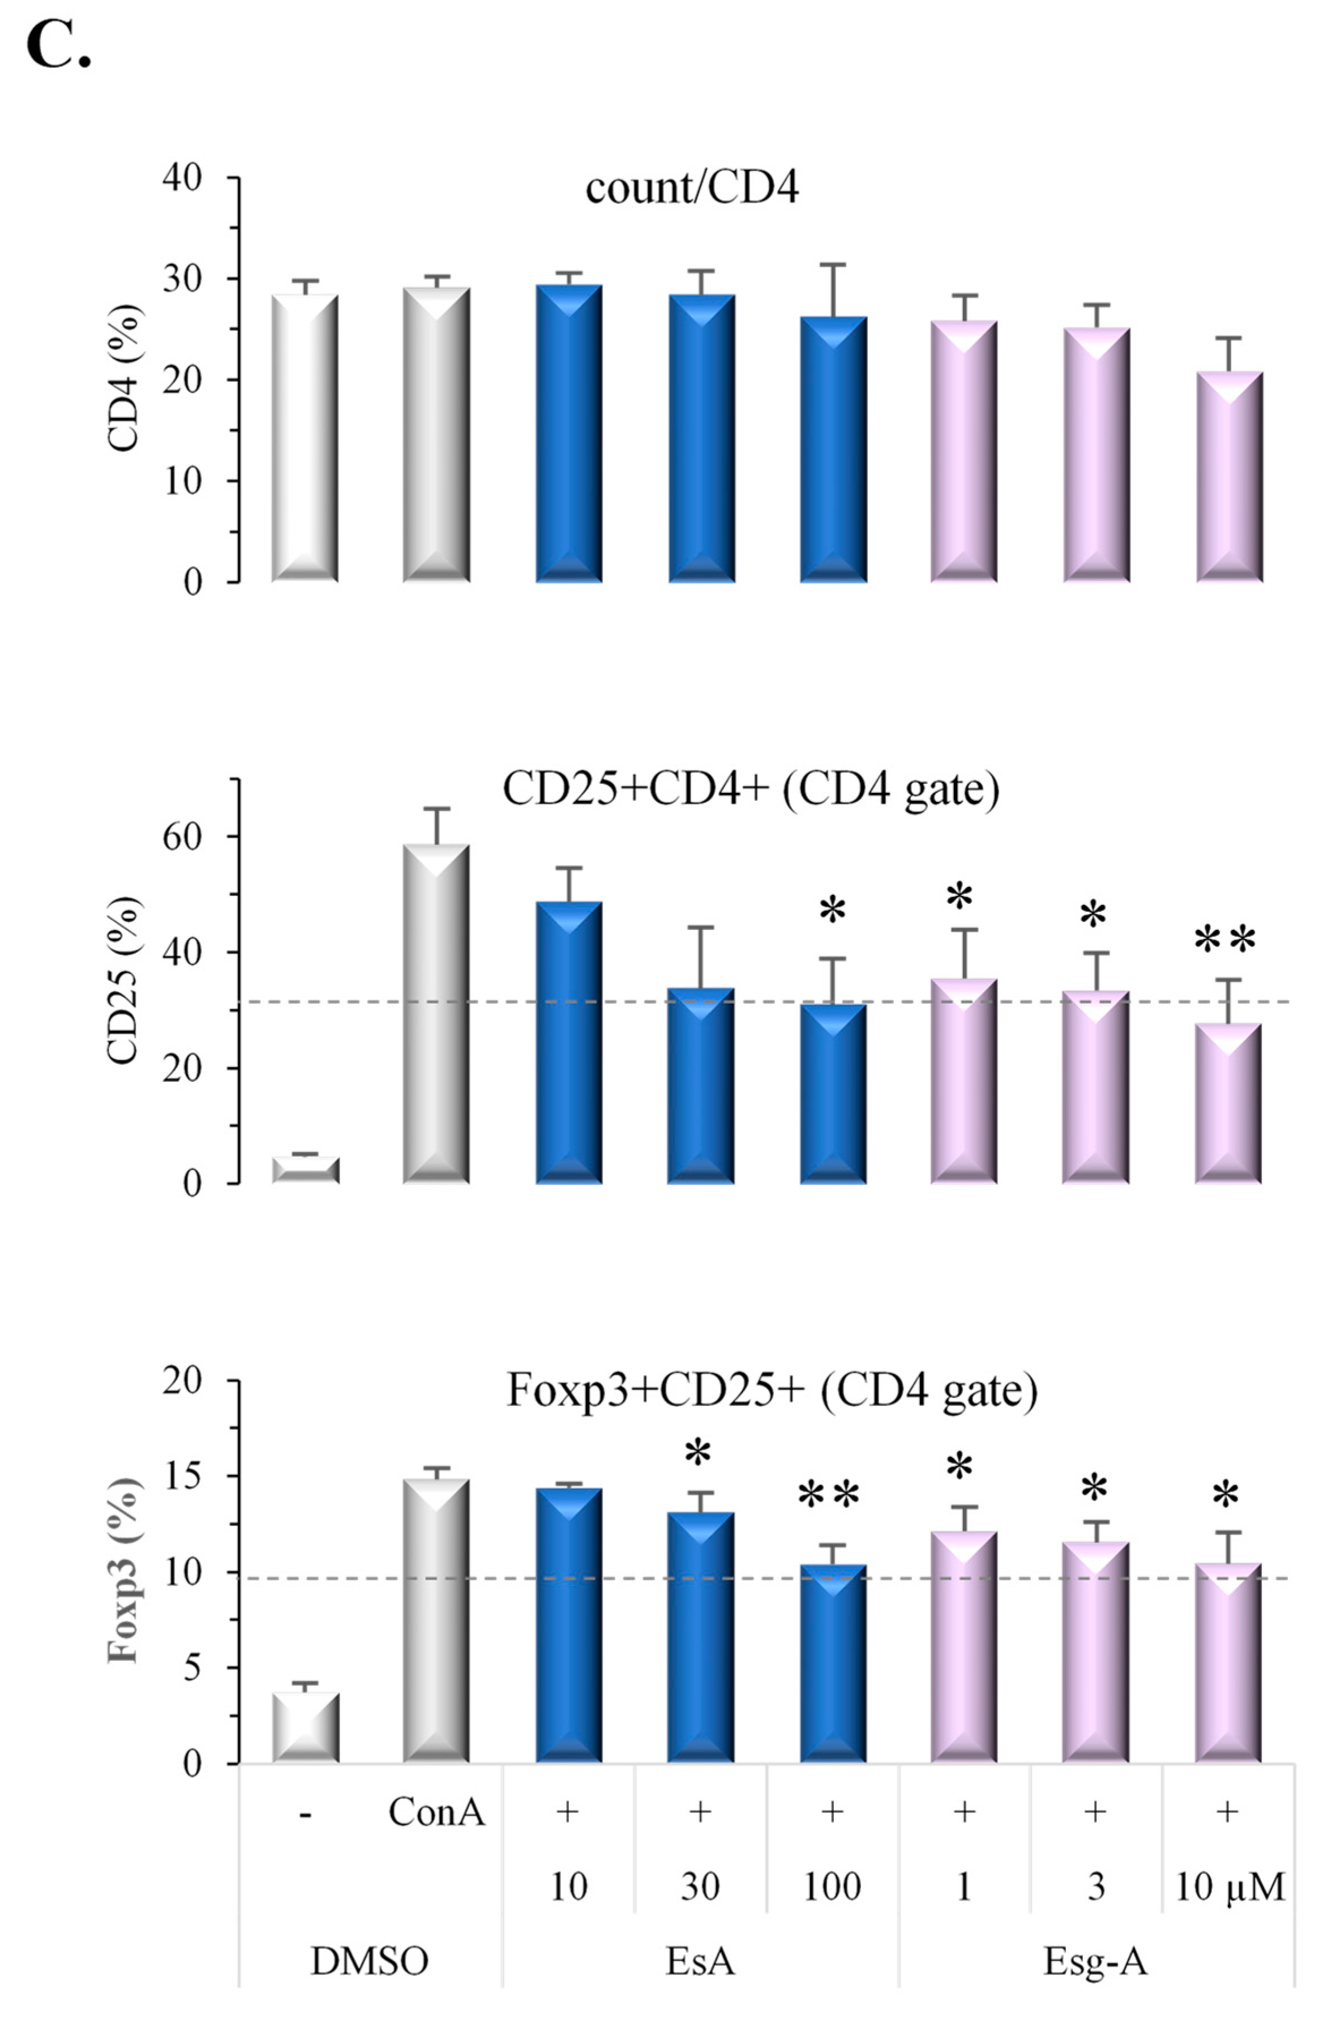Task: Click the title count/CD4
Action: click(691, 188)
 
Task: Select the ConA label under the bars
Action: click(436, 1812)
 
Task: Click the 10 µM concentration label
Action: click(1228, 1887)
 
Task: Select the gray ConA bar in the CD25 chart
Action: click(436, 1014)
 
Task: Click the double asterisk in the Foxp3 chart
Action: click(829, 1496)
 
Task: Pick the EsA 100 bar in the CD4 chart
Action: click(833, 451)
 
